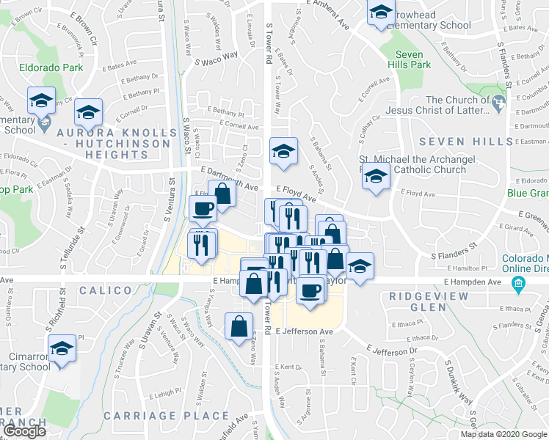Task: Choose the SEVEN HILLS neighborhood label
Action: (x=465, y=141)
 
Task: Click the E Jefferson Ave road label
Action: (x=305, y=331)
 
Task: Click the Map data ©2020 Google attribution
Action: (x=503, y=434)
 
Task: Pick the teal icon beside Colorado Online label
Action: (x=519, y=283)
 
